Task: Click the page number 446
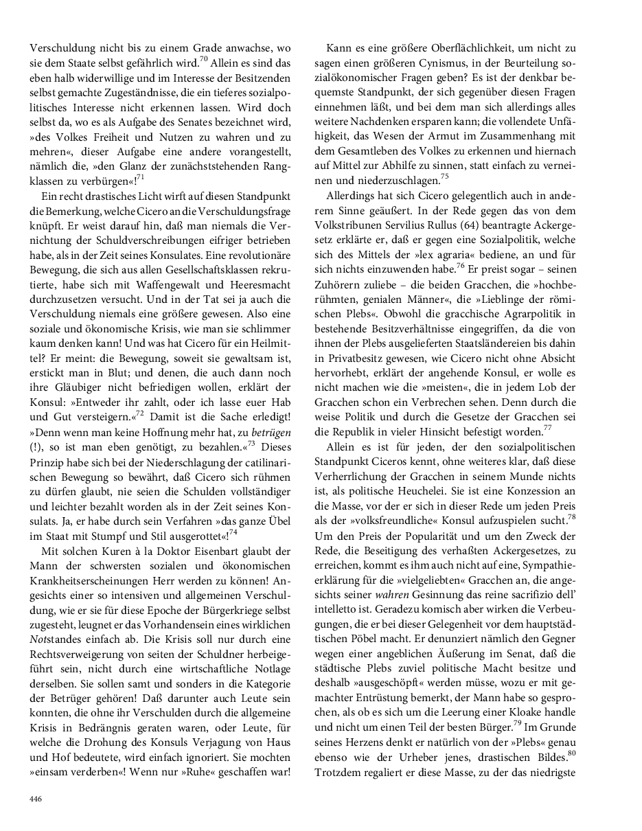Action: pyautogui.click(x=35, y=798)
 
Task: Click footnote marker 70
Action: pyautogui.click(x=203, y=59)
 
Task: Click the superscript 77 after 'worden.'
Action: pyautogui.click(x=547, y=428)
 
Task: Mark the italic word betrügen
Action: pyautogui.click(x=270, y=433)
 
